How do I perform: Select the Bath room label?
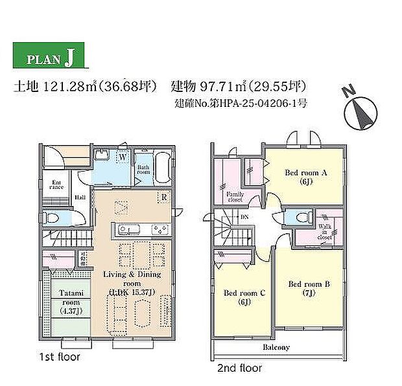143,169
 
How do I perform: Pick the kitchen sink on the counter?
126,230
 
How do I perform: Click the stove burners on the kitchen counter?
160,230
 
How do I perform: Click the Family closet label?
234,196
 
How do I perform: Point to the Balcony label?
276,347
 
